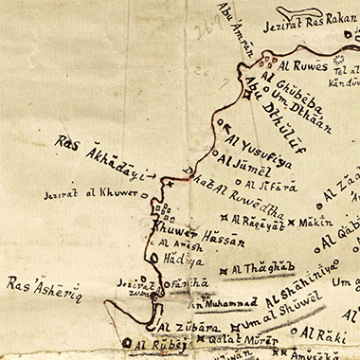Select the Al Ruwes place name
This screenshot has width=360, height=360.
coord(297,66)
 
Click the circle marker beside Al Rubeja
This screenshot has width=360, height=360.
coord(126,345)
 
